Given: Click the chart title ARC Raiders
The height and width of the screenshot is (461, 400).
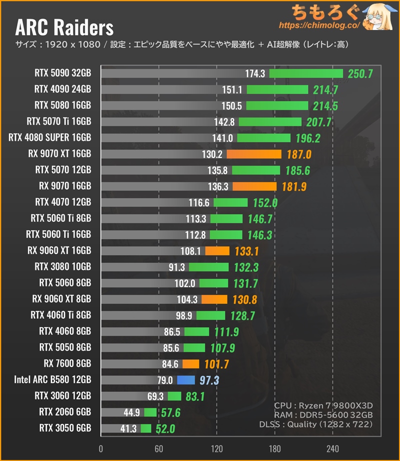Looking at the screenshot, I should [x=65, y=26].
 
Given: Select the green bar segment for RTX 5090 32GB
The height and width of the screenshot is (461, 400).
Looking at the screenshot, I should [x=306, y=73].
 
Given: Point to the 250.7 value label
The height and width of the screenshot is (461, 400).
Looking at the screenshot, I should [x=361, y=74].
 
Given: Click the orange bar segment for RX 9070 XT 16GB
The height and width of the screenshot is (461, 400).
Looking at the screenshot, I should [x=254, y=154].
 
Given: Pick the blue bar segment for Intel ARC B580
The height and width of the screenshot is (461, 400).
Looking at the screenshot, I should [x=185, y=379].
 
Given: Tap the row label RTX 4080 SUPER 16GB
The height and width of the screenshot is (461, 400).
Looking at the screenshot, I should [x=50, y=138].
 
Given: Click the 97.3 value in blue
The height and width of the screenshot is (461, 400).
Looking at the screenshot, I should [x=209, y=380].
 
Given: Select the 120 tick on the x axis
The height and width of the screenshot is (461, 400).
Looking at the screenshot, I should [x=216, y=448].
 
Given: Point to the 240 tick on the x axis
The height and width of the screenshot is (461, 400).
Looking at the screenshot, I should [x=332, y=448].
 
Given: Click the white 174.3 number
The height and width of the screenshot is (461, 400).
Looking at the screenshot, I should [x=255, y=74].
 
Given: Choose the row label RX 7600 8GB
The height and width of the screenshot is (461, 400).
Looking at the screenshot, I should [x=65, y=363].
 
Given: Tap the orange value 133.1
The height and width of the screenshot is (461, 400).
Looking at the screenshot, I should [x=246, y=250].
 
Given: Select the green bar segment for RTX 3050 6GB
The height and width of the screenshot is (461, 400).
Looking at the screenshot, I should [x=146, y=428].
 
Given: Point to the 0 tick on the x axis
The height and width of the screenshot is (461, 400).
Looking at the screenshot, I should [x=101, y=448].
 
